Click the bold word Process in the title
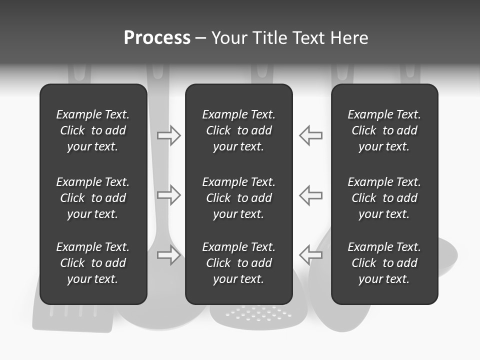pos(157,38)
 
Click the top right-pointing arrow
pos(168,135)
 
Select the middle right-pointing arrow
pos(168,195)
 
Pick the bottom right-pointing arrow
pos(168,255)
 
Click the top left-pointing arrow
pos(311,135)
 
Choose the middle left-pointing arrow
pos(311,195)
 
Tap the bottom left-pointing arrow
pos(311,255)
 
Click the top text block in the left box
pos(93,130)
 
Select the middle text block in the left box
pos(93,198)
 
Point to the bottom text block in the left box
pos(93,263)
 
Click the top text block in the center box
pos(239,130)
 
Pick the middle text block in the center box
pos(239,198)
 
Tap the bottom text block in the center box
pos(239,263)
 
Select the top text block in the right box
pos(384,130)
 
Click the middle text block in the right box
pos(384,198)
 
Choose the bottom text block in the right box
pos(384,263)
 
